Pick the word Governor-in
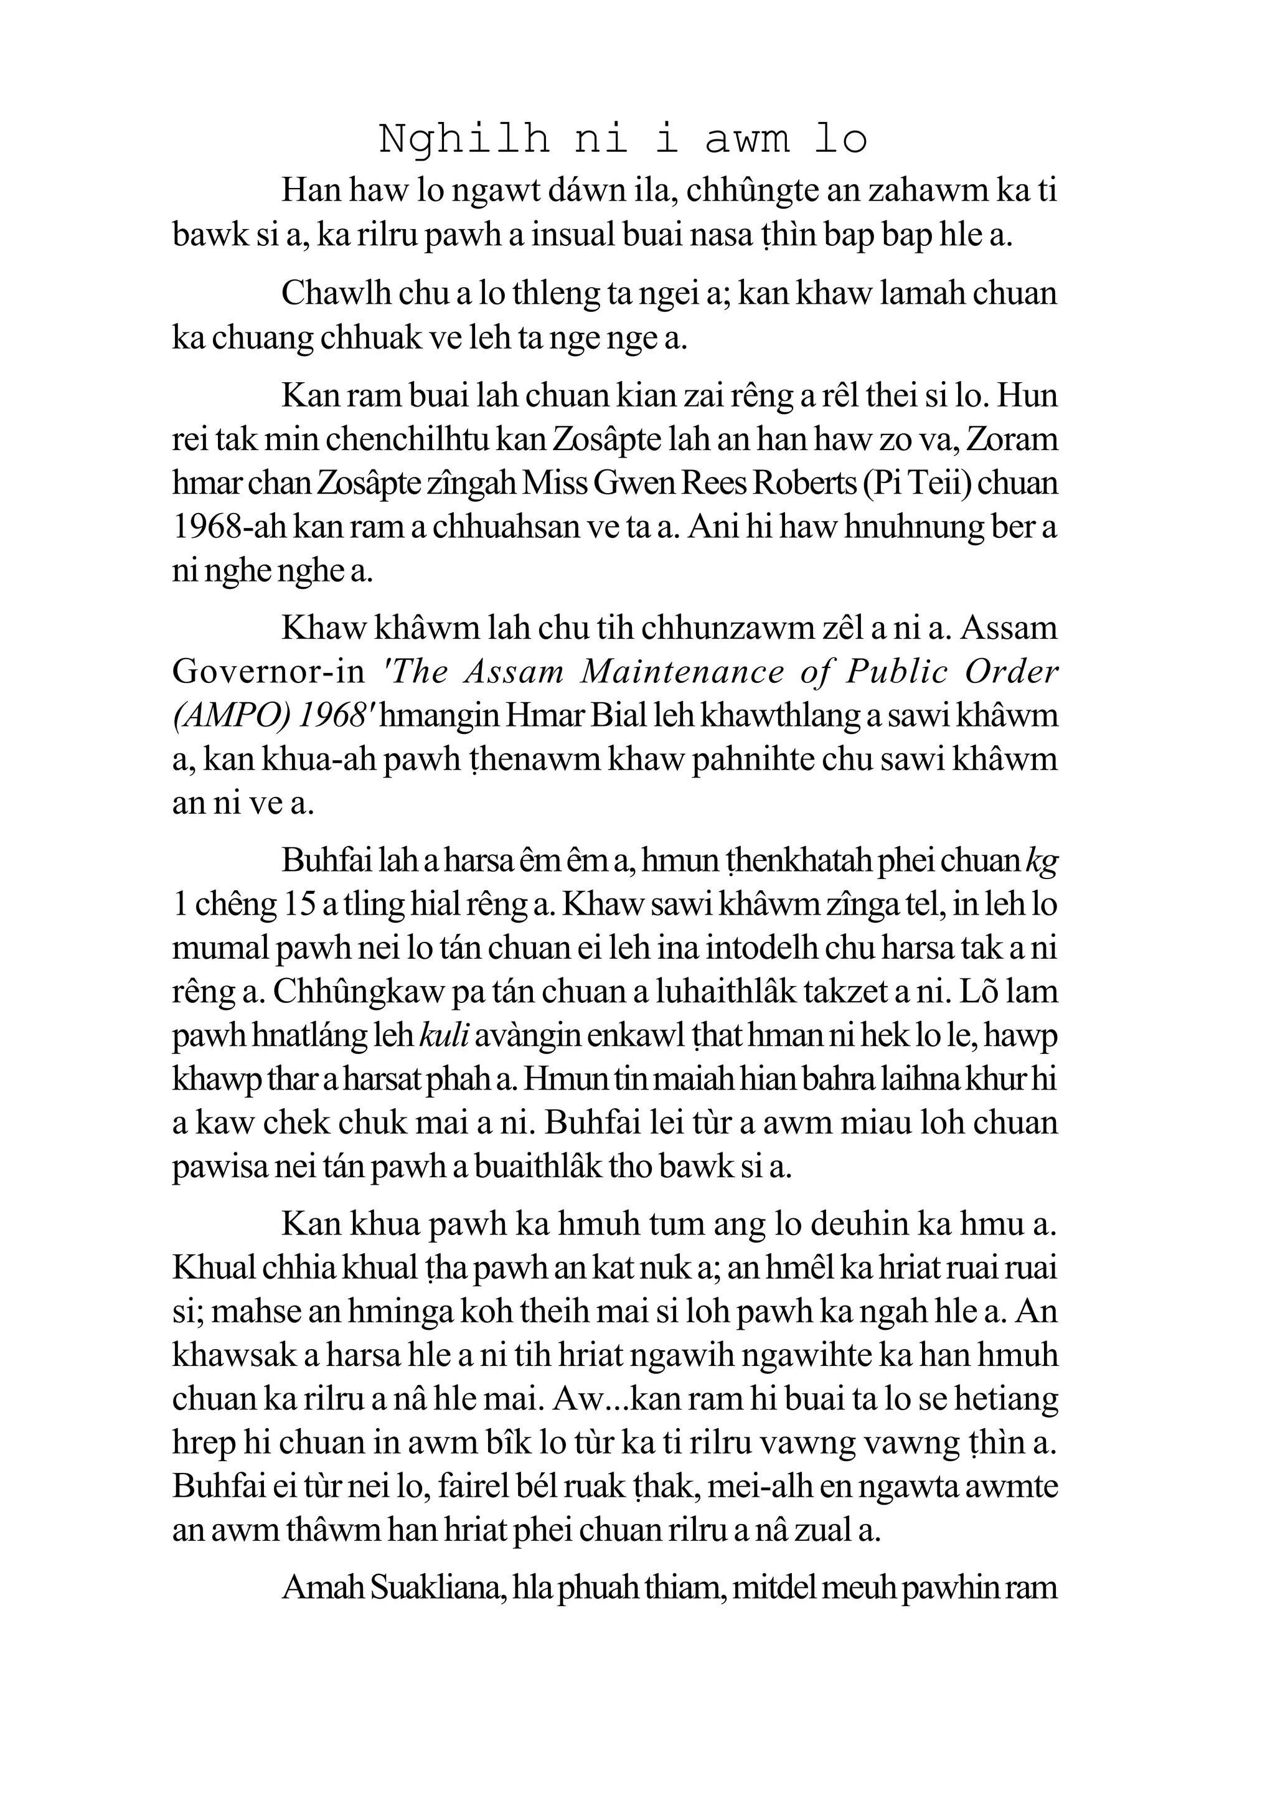(x=268, y=672)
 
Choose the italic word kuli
(x=445, y=1036)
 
